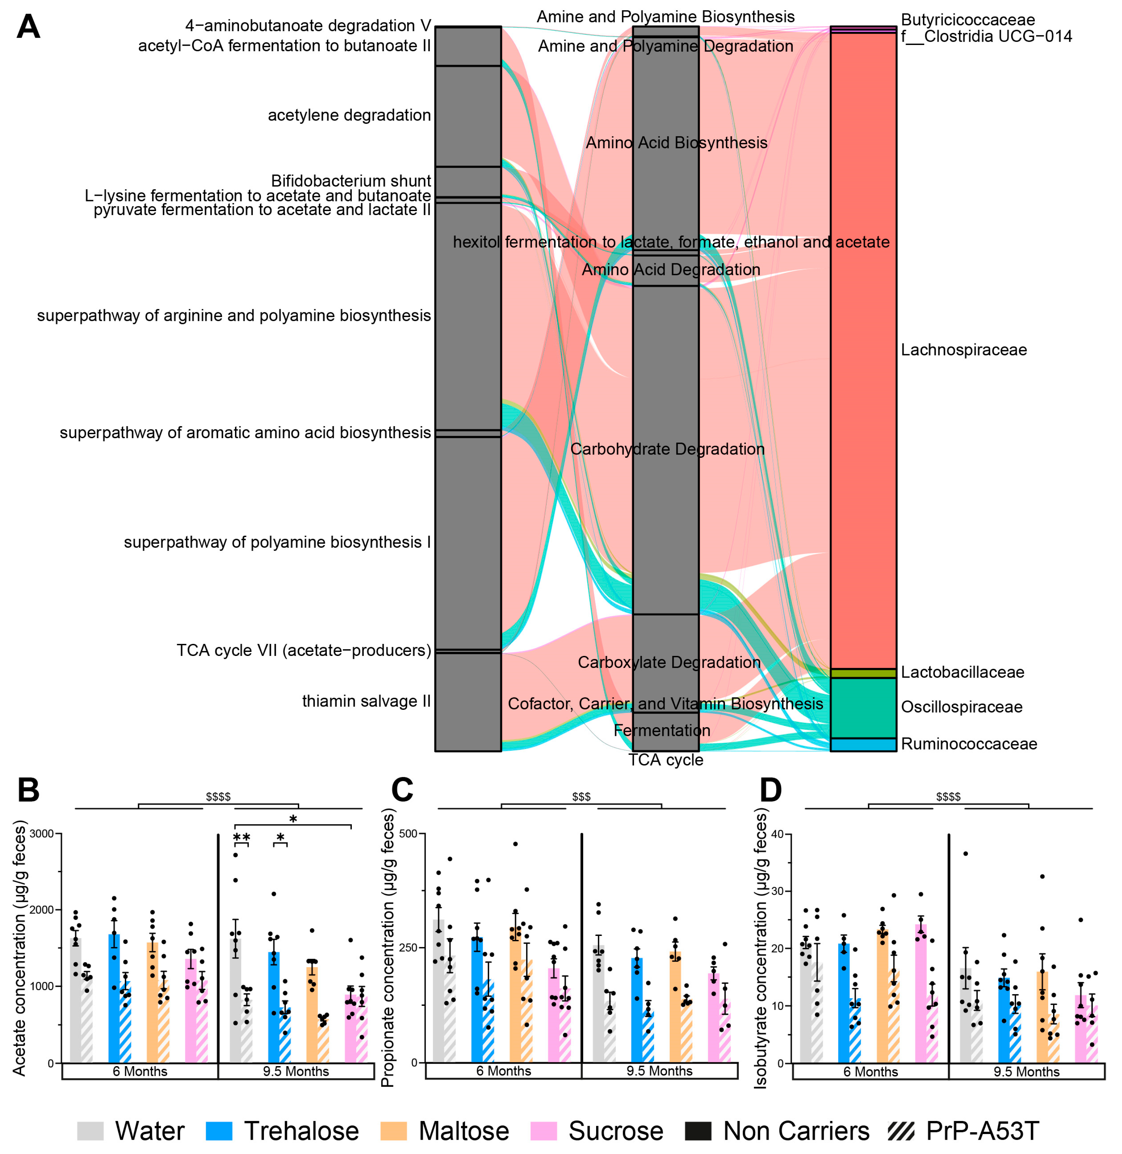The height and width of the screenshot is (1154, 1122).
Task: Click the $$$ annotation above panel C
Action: pos(581,797)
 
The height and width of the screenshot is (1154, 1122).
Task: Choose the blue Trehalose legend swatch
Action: pos(219,1130)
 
